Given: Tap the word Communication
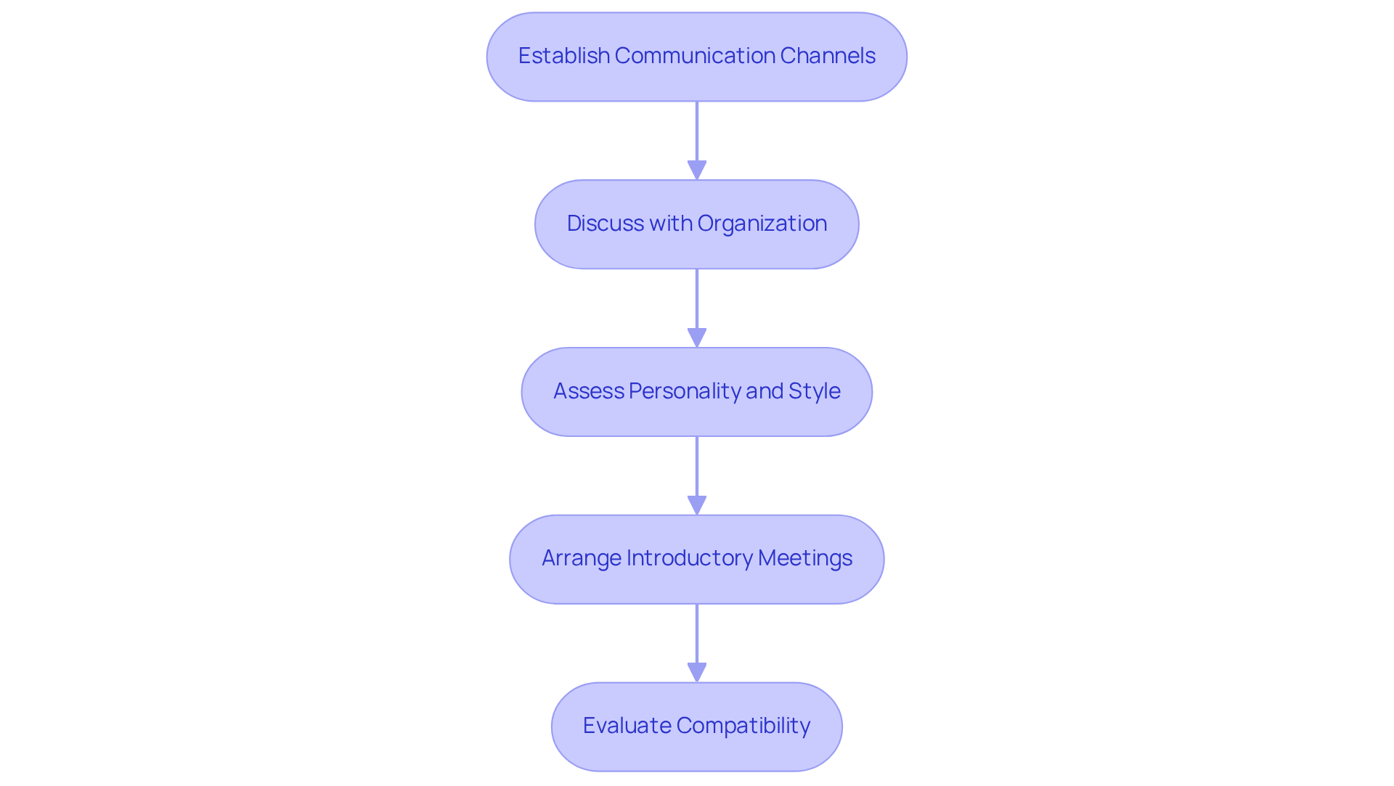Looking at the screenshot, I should click(x=695, y=56).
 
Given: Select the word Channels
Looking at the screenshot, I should click(x=828, y=56).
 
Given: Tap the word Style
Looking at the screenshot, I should click(x=815, y=391).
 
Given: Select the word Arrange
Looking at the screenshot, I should click(x=581, y=558).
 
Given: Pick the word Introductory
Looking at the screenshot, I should click(x=689, y=558).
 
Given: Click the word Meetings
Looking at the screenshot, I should click(x=805, y=558).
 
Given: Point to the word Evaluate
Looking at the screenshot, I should click(x=627, y=726).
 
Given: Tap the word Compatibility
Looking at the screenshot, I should click(x=743, y=726).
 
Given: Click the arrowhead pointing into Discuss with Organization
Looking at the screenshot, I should click(x=697, y=171).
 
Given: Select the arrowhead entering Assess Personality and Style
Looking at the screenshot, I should click(x=697, y=338).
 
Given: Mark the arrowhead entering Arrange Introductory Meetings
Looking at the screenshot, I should click(x=697, y=506).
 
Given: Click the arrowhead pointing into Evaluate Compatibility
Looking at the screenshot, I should click(x=697, y=673).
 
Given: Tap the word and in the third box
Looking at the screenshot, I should click(x=764, y=391).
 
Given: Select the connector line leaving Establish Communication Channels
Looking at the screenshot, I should click(x=697, y=131).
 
